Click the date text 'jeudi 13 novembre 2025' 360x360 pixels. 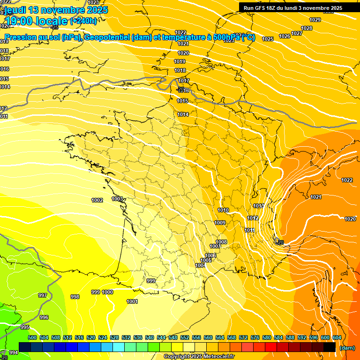[x=56, y=10]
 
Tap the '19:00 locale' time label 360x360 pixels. [x=37, y=21]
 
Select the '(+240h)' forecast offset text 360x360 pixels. [x=83, y=21]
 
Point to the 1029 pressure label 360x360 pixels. [x=315, y=20]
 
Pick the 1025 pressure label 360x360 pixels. [x=268, y=39]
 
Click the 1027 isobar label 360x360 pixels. [x=296, y=33]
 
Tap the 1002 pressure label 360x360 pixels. [x=97, y=200]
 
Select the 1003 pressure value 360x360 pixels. [x=117, y=199]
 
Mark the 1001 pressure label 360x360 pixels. [x=132, y=301]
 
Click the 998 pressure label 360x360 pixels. [x=75, y=297]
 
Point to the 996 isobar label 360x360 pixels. [x=44, y=317]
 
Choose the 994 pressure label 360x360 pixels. [x=14, y=352]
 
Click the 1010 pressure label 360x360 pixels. [x=223, y=210]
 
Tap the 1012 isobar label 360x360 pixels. [x=253, y=218]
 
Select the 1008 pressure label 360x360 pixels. [x=221, y=242]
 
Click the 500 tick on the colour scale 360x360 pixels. [x=32, y=337]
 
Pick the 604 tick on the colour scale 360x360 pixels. [x=337, y=337]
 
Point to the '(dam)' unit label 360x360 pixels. [x=347, y=348]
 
